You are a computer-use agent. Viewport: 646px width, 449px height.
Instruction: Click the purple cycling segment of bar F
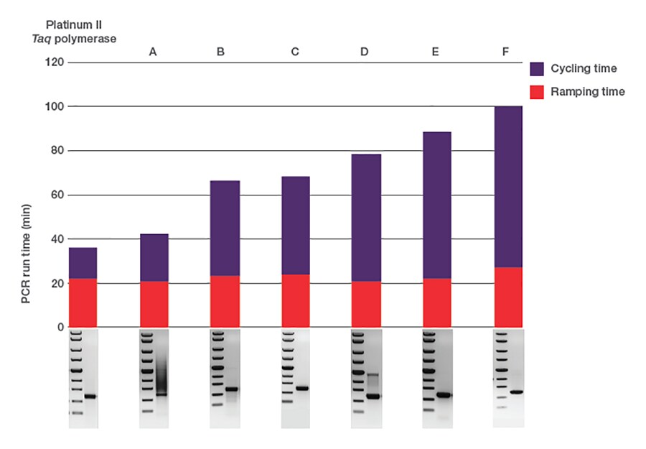tap(508, 187)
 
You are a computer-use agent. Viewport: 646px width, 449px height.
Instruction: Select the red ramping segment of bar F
tap(508, 297)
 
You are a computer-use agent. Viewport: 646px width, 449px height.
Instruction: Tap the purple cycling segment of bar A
tap(154, 257)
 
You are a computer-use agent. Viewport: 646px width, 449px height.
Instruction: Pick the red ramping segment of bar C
tap(295, 301)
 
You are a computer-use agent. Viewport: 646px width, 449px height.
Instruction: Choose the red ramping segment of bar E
tap(436, 302)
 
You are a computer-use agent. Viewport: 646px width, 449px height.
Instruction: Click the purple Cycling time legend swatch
tap(540, 69)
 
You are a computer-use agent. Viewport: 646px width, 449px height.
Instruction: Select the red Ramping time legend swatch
tap(540, 92)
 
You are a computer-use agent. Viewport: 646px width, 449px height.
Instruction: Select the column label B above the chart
tap(221, 52)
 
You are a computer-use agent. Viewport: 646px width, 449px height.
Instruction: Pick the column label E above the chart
tap(436, 52)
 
